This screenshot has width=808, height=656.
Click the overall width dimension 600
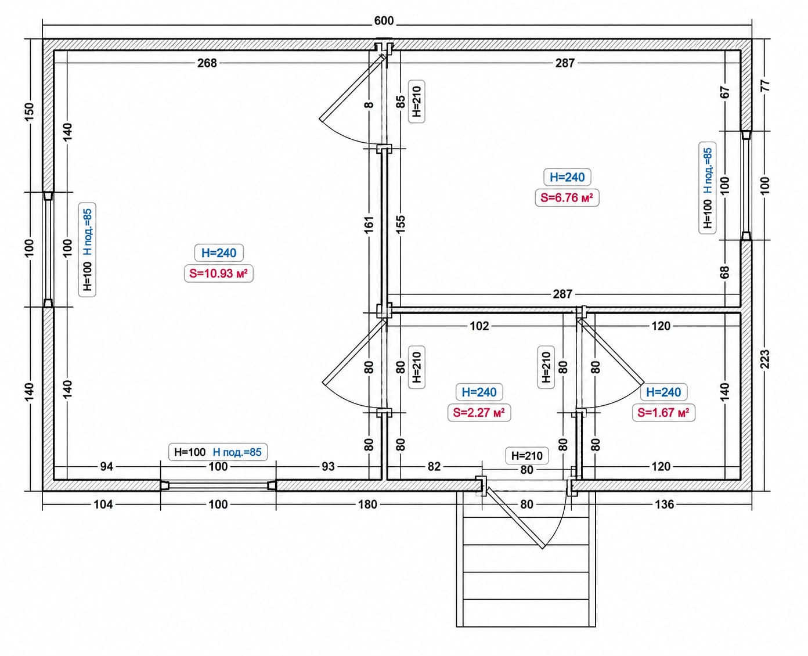[384, 20]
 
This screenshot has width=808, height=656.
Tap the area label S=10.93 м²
[218, 273]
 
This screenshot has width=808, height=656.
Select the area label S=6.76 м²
[567, 197]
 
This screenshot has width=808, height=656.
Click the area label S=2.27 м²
[479, 412]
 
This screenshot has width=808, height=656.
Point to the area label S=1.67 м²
[663, 412]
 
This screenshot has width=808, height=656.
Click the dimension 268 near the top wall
[207, 63]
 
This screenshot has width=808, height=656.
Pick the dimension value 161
[369, 224]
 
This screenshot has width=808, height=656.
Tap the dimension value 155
[401, 224]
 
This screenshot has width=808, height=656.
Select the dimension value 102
[479, 326]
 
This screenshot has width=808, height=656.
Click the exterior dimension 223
[765, 359]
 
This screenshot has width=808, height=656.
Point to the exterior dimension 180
[367, 504]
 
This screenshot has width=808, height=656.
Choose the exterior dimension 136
[664, 504]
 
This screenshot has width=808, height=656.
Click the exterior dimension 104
[103, 504]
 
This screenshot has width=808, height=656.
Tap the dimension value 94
[107, 467]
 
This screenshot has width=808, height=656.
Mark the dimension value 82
[434, 467]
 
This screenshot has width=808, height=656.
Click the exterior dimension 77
[765, 85]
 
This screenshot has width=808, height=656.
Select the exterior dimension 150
[30, 112]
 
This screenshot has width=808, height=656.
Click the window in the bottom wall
[218, 485]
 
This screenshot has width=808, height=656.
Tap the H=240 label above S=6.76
[567, 177]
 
